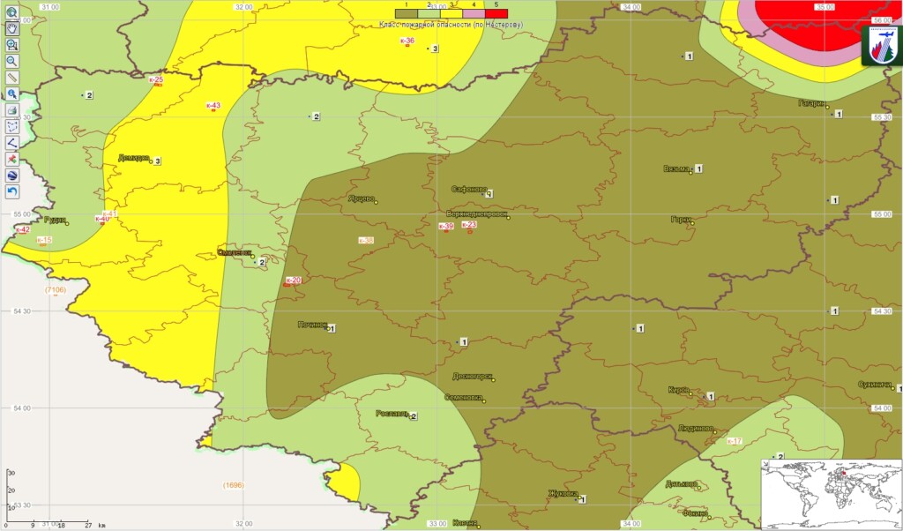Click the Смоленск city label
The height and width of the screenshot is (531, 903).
[x=234, y=253]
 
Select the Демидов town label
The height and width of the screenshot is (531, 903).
[x=133, y=159]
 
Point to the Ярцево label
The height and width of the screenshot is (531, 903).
[x=361, y=198]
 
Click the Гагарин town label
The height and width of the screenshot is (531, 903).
[x=811, y=102]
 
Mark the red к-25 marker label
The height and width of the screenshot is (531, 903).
[x=157, y=80]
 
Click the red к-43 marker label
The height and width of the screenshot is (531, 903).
[x=213, y=106]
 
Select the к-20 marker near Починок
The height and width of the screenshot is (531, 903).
[x=293, y=280]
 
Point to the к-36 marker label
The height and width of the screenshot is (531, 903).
[x=407, y=41]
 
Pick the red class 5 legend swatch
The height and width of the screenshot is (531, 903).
[x=496, y=14]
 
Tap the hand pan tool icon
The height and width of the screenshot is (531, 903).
[x=12, y=28]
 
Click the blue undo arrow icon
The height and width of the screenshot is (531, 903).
[x=12, y=191]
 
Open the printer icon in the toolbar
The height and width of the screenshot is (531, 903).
[x=12, y=109]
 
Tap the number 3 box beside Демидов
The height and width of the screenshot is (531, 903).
[x=157, y=161]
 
